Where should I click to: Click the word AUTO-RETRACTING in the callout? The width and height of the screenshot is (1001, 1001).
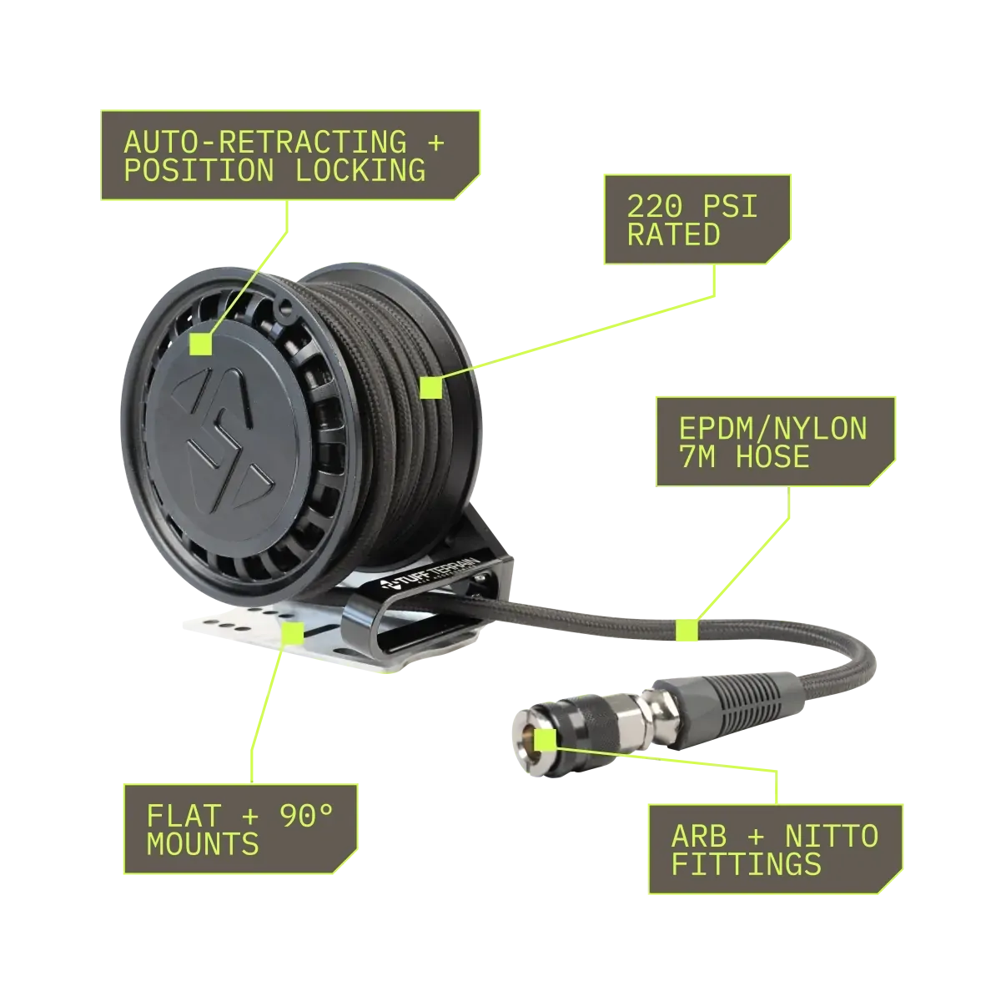pyautogui.click(x=265, y=142)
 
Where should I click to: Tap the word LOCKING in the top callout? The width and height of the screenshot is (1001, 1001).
pyautogui.click(x=360, y=170)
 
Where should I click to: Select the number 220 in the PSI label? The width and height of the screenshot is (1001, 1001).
pyautogui.click(x=655, y=206)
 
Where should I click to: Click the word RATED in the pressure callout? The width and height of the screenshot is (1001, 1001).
pyautogui.click(x=674, y=234)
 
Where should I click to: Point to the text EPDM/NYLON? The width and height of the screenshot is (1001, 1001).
pyautogui.click(x=773, y=429)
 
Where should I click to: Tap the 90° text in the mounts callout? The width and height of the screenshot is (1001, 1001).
pyautogui.click(x=306, y=816)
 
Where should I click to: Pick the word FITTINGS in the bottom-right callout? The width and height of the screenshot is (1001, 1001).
pyautogui.click(x=747, y=864)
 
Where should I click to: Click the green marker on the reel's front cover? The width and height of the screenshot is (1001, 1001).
pyautogui.click(x=200, y=344)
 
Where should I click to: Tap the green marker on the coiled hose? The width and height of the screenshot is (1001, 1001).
pyautogui.click(x=430, y=388)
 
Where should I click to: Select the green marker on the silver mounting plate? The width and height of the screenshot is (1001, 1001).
pyautogui.click(x=294, y=632)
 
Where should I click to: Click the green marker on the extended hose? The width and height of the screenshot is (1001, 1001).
pyautogui.click(x=687, y=630)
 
